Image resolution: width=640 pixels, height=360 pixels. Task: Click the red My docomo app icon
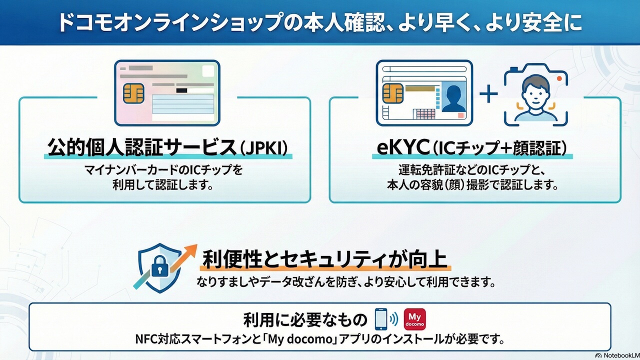(414, 319)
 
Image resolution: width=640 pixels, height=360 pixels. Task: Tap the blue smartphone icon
(381, 318)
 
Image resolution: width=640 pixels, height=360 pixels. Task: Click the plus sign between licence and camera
(488, 94)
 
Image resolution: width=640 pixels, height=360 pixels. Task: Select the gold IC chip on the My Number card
(133, 93)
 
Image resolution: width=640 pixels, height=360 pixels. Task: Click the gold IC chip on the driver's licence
(392, 93)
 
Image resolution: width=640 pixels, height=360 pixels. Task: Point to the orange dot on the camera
(559, 79)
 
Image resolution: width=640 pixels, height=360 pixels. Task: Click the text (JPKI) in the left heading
(265, 148)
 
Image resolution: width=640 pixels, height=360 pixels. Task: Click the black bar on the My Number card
(182, 90)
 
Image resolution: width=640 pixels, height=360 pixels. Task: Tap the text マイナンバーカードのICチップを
(164, 170)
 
